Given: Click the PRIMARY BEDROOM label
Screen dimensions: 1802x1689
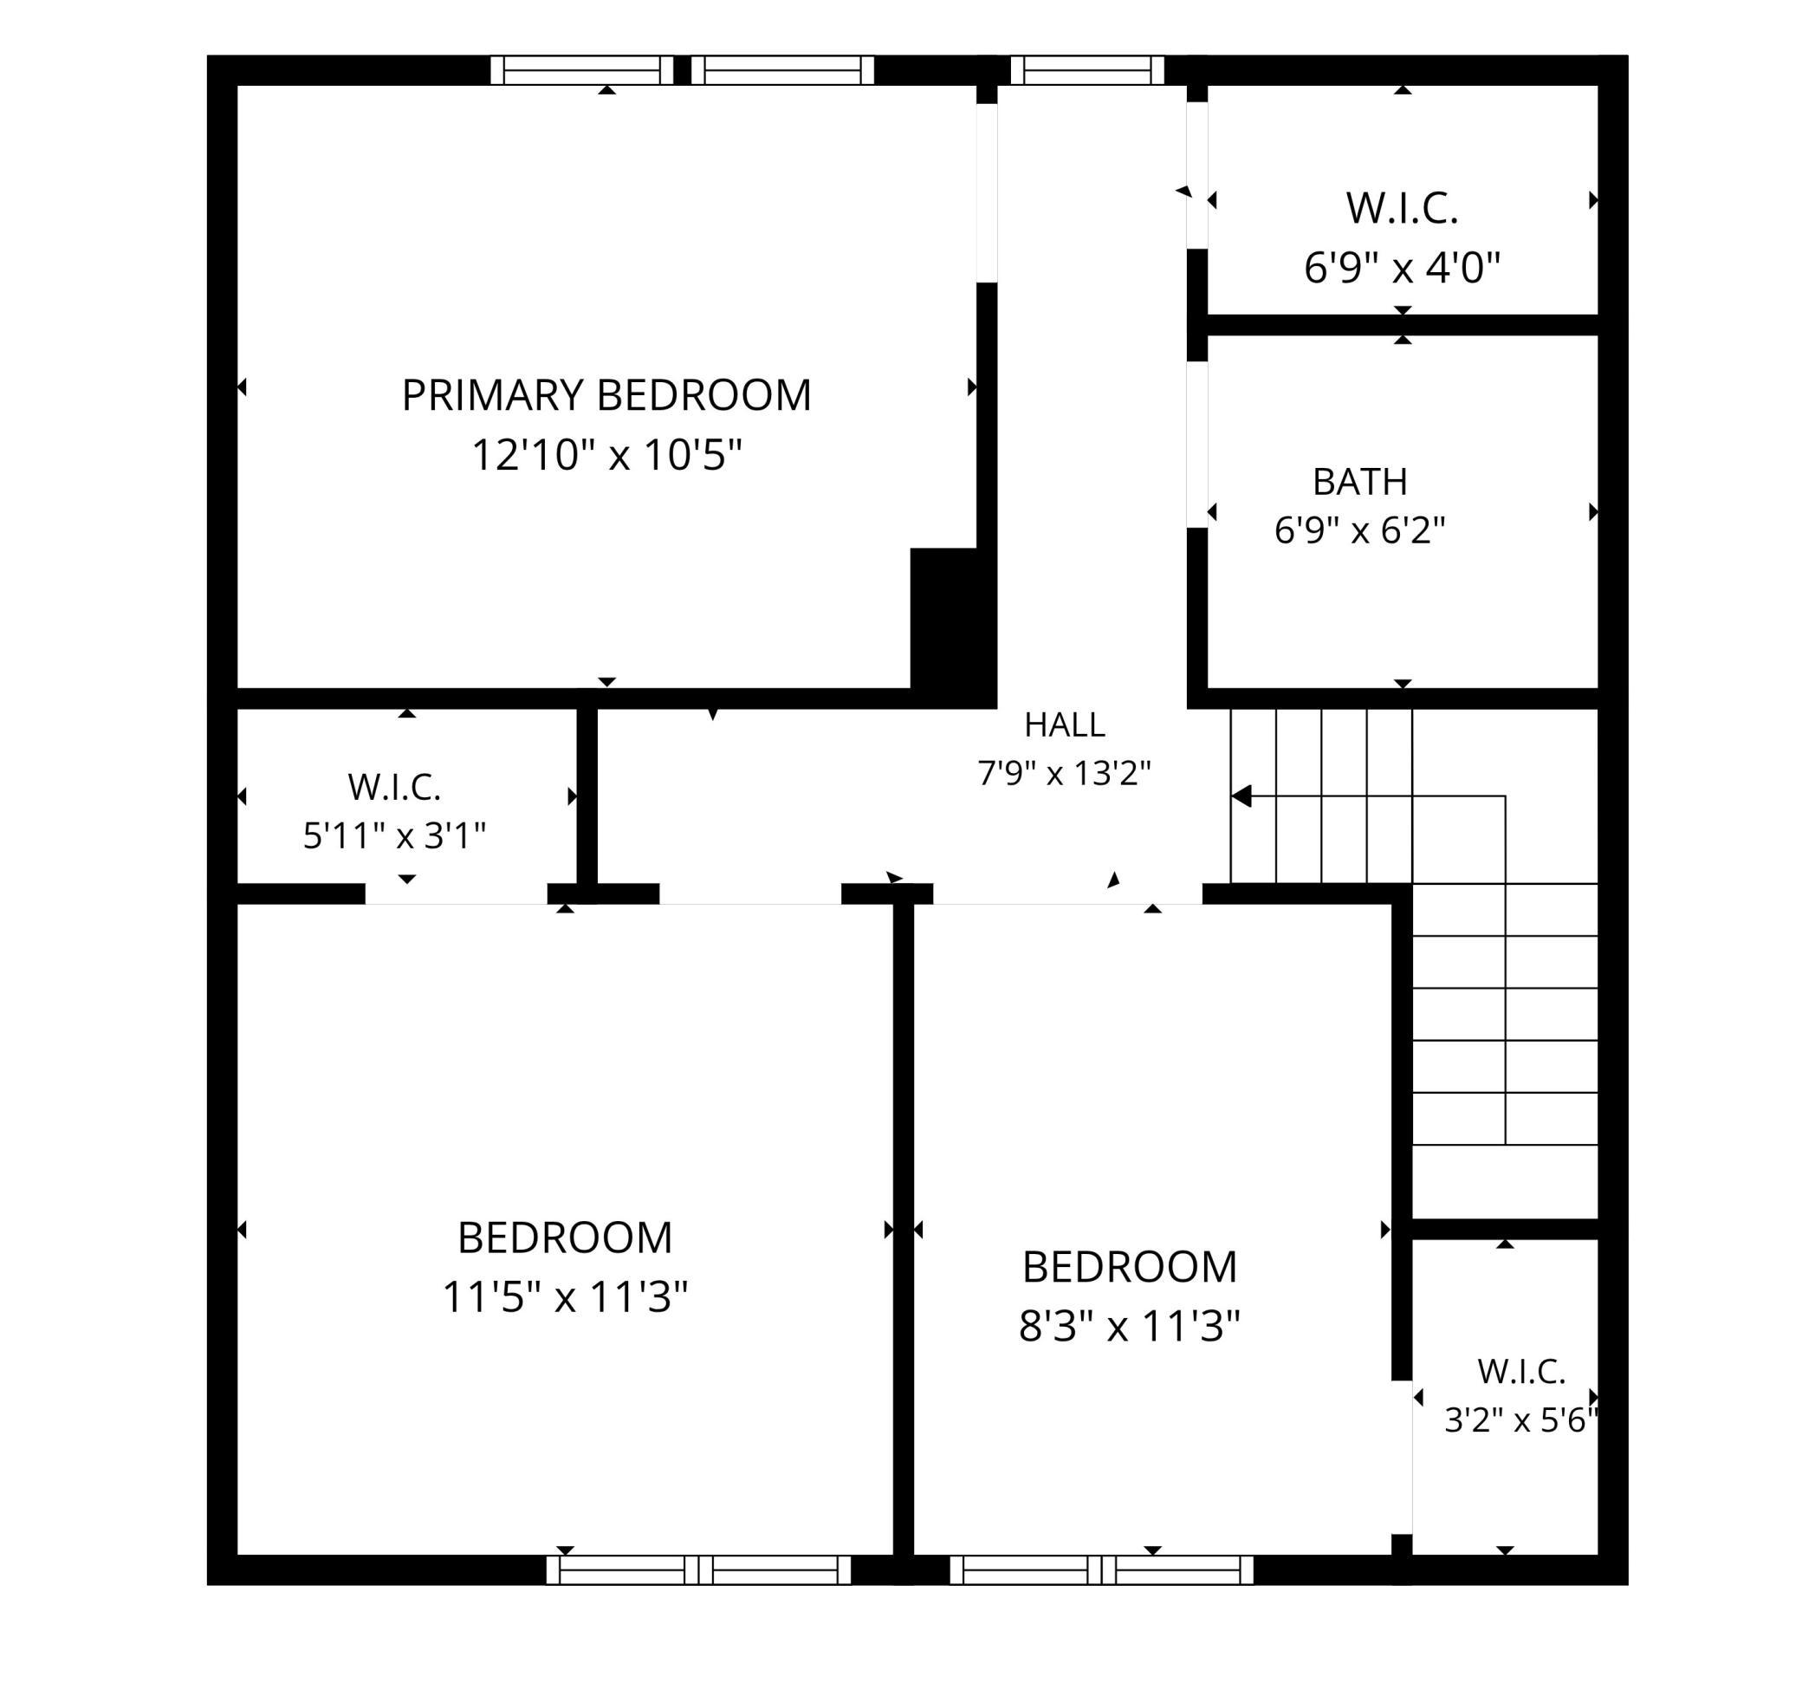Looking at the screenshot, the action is pyautogui.click(x=606, y=395).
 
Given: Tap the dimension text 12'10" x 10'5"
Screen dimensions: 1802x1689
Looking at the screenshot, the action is pyautogui.click(x=606, y=454).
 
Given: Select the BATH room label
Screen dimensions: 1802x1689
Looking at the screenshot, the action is pyautogui.click(x=1359, y=483).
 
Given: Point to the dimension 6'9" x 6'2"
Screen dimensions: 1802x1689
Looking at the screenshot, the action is pyautogui.click(x=1359, y=529).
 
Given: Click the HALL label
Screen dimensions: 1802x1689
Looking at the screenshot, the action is pyautogui.click(x=1064, y=724).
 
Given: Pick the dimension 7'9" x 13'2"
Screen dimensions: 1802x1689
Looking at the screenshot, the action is pyautogui.click(x=1064, y=772).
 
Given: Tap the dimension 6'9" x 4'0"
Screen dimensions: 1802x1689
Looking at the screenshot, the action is pyautogui.click(x=1403, y=268).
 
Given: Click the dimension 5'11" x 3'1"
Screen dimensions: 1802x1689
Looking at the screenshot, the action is pyautogui.click(x=394, y=835).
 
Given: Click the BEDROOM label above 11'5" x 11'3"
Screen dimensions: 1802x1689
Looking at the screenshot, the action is pyautogui.click(x=565, y=1238).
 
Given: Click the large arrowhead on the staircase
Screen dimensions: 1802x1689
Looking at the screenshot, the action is pyautogui.click(x=1241, y=796).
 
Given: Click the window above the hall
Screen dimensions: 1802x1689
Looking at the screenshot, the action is pyautogui.click(x=1086, y=70).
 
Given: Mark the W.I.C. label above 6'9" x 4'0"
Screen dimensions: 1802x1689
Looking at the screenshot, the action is pyautogui.click(x=1403, y=209).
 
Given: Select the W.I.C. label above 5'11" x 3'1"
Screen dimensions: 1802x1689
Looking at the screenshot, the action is pyautogui.click(x=394, y=787).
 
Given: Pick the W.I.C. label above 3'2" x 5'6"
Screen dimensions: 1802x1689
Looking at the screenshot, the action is pyautogui.click(x=1521, y=1372).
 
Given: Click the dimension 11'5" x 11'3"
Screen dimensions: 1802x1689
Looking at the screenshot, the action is pyautogui.click(x=565, y=1296).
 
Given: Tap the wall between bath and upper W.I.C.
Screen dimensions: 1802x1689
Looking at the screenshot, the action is pyautogui.click(x=1403, y=325).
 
